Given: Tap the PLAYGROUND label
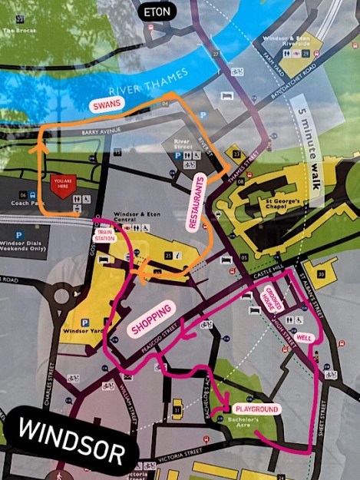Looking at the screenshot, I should coord(256,409).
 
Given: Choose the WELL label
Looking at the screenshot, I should coord(304,337).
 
